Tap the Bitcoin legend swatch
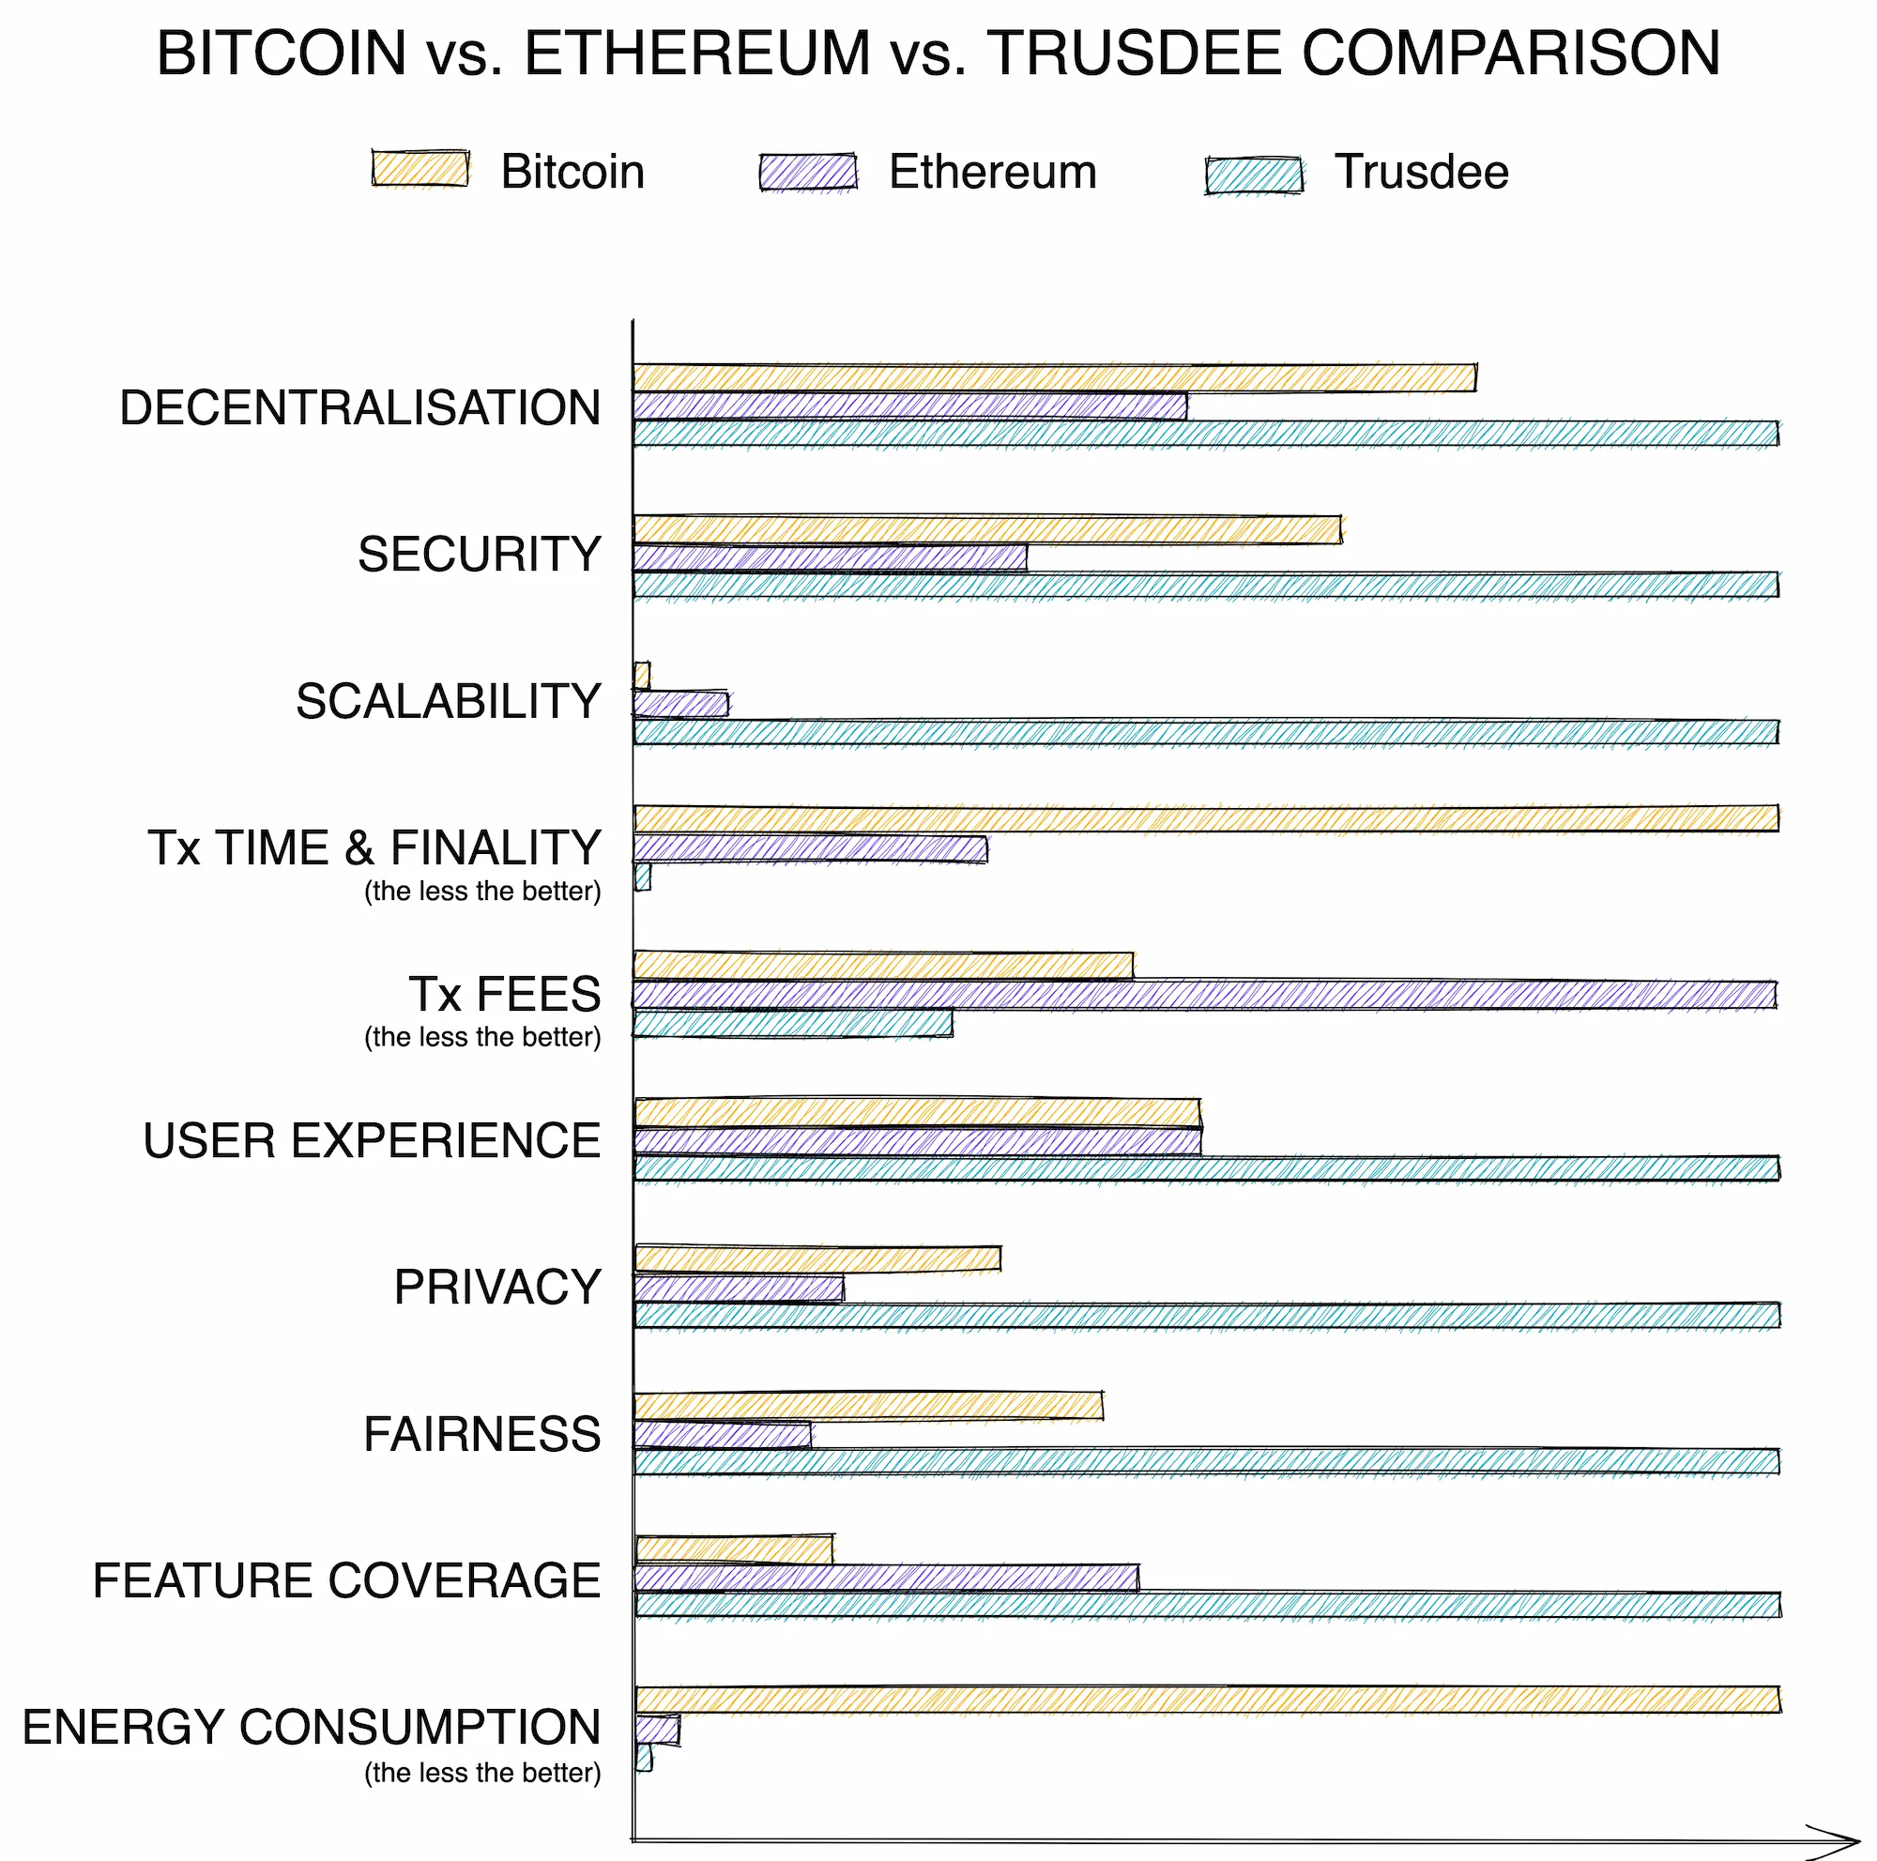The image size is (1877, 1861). (x=420, y=169)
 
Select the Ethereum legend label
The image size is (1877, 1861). (x=992, y=172)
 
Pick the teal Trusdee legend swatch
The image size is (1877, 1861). (x=1253, y=175)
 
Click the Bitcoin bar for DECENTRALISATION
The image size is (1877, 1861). (x=1054, y=378)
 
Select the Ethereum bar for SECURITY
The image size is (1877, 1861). (x=830, y=557)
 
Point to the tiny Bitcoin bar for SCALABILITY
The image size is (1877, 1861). (x=642, y=674)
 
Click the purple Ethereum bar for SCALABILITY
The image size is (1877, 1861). (x=681, y=704)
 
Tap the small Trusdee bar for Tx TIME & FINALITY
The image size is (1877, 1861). (x=643, y=877)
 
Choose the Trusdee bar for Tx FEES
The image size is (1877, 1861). (x=793, y=1024)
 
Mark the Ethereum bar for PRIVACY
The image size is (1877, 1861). (x=740, y=1288)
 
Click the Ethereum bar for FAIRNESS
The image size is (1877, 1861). (x=723, y=1435)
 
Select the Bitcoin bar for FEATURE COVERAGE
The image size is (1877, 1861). (x=735, y=1550)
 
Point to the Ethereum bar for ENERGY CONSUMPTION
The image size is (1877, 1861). (x=659, y=1729)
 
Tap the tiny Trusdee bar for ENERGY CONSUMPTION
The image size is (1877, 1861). (x=644, y=1757)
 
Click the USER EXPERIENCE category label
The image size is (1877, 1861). (x=372, y=1140)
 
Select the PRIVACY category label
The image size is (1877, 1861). (x=497, y=1287)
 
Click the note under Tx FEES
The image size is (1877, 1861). (x=482, y=1037)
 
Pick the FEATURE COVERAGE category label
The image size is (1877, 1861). (x=347, y=1580)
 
